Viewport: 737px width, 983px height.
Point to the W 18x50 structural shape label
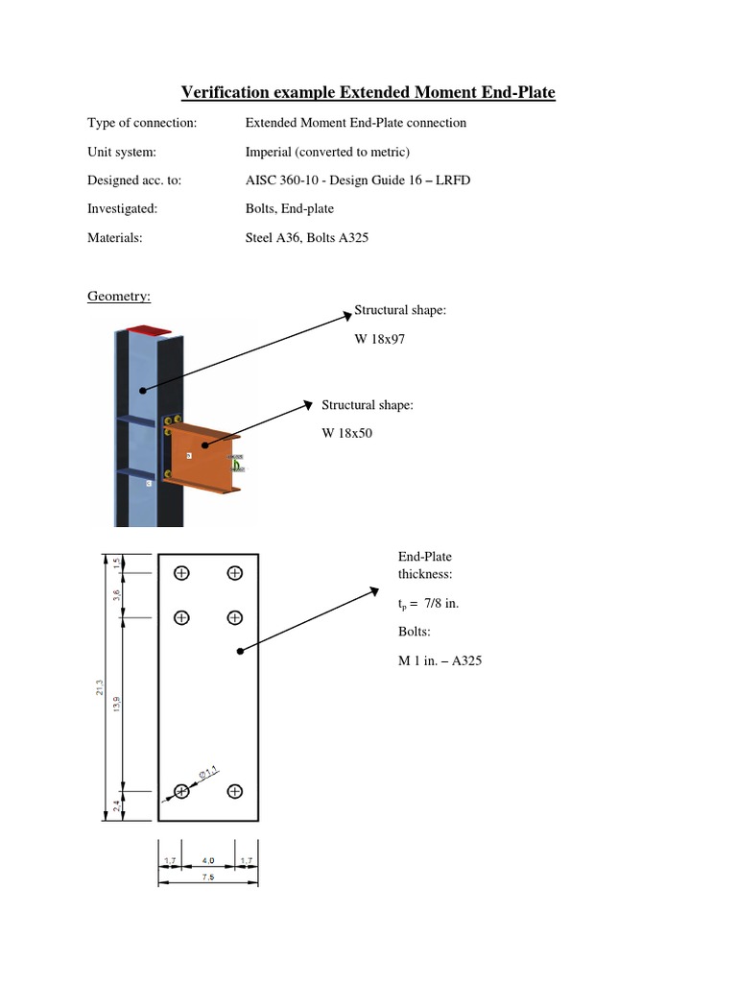[x=346, y=433]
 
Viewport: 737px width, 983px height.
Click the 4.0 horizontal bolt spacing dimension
[x=208, y=860]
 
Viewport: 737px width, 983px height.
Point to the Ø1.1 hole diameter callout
[x=208, y=771]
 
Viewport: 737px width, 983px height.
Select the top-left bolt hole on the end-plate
[x=181, y=573]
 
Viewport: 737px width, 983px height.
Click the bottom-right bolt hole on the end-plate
[x=234, y=791]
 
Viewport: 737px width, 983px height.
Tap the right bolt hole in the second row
[x=234, y=617]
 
